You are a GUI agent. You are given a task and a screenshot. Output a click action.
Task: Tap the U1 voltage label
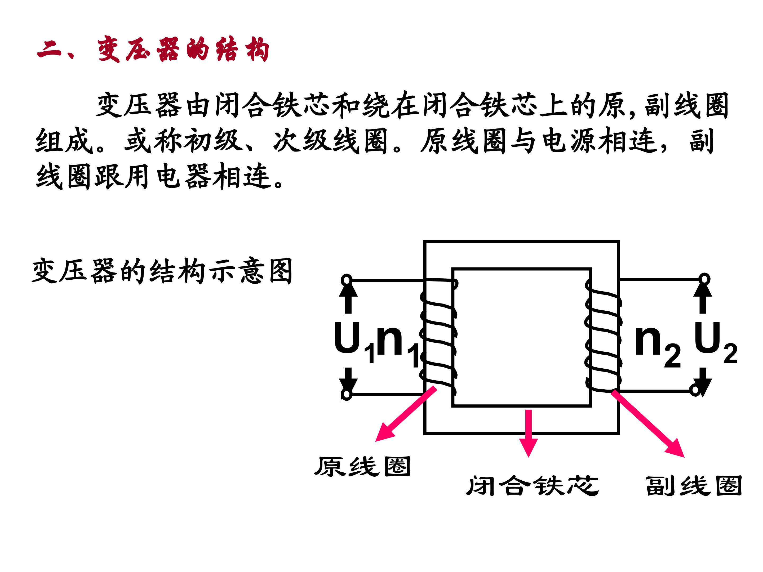354,341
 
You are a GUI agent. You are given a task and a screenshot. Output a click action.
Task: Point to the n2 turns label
657,345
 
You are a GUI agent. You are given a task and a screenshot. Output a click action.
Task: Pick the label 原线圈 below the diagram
362,467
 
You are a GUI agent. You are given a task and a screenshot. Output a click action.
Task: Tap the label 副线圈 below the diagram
693,486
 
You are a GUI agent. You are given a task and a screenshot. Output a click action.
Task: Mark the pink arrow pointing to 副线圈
649,424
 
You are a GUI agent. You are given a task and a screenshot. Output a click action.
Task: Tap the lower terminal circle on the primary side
346,394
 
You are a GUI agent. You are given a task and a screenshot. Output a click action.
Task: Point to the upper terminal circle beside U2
705,279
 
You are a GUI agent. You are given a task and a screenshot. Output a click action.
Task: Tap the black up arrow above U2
703,298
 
